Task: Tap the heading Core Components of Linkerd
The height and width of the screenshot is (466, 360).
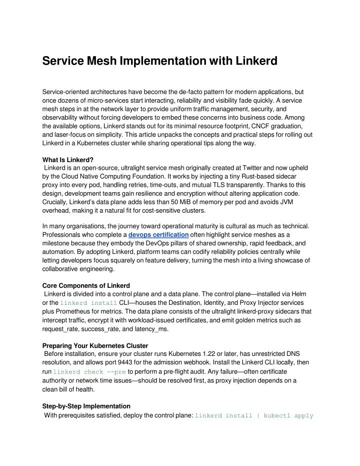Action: (86, 286)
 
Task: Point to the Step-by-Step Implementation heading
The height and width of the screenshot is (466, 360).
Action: (86, 406)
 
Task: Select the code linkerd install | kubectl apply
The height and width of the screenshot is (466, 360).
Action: (253, 416)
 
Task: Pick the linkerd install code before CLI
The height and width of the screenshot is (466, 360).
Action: (88, 304)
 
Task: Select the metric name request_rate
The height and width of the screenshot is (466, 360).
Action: (61, 330)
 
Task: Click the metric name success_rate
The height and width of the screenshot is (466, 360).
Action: (106, 330)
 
